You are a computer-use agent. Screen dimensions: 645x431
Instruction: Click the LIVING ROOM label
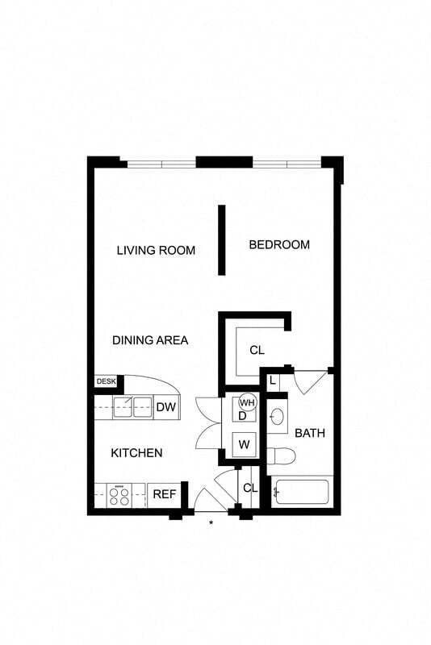tap(156, 250)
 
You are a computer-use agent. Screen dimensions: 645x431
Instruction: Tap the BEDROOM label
tap(278, 244)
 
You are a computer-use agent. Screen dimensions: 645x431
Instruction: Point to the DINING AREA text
tap(149, 340)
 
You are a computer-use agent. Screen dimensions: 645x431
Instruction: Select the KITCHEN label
tap(136, 453)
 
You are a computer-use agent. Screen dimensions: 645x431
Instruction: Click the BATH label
tap(309, 433)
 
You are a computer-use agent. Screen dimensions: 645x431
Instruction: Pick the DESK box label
tap(106, 381)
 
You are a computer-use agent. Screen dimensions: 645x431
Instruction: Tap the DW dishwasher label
tap(165, 407)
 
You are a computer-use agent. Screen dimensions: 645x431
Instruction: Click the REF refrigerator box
tap(165, 494)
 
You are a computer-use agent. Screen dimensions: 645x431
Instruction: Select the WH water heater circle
tap(247, 402)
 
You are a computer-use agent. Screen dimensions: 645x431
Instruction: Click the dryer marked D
tap(241, 416)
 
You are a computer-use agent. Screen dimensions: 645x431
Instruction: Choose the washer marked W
tap(242, 443)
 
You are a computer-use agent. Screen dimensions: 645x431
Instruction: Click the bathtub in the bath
tap(300, 491)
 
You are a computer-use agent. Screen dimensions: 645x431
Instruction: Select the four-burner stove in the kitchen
tap(119, 494)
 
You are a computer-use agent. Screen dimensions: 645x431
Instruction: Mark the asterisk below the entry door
tap(211, 523)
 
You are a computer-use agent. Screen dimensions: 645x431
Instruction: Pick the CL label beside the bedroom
tap(257, 350)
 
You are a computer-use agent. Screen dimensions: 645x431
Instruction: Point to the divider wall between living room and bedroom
tap(221, 239)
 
